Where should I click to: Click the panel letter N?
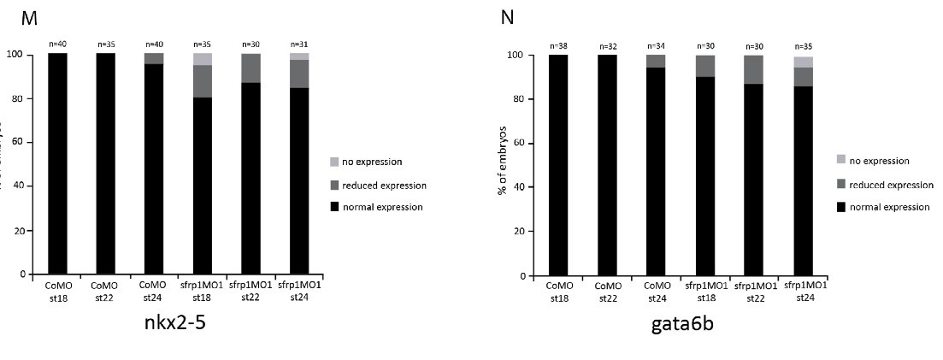click(507, 17)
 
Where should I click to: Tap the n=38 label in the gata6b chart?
click(558, 46)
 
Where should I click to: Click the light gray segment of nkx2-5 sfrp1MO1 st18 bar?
click(202, 59)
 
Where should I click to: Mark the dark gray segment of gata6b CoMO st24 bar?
click(655, 61)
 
